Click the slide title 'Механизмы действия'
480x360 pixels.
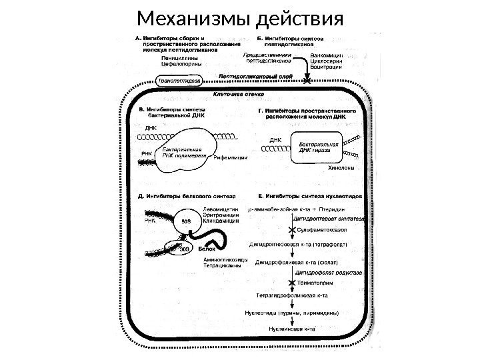click(x=239, y=15)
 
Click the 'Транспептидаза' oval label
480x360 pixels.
click(x=162, y=79)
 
